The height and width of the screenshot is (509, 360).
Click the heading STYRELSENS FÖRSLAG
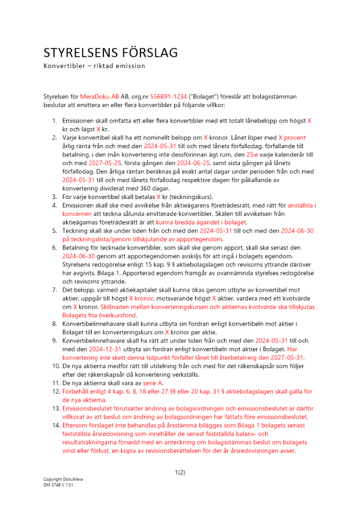click(x=110, y=53)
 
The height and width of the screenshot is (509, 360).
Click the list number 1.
click(x=55, y=121)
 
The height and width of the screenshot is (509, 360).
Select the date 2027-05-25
click(x=105, y=164)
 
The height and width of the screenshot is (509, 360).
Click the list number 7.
click(x=55, y=290)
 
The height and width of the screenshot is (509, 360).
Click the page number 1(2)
click(x=180, y=472)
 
